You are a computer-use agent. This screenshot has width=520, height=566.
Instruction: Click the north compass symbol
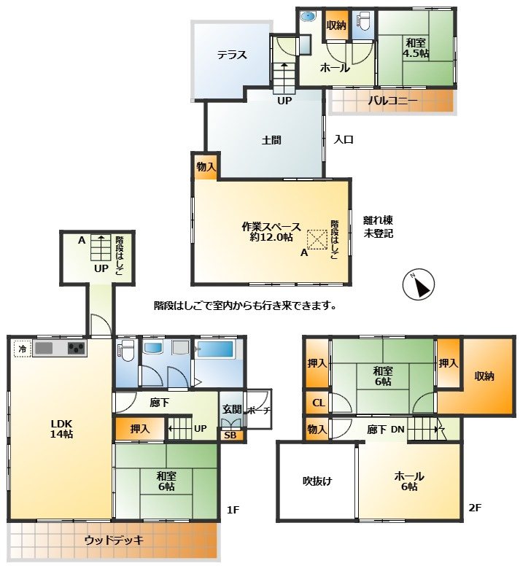[x=418, y=284]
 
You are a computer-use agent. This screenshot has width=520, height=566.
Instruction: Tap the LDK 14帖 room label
[x=61, y=428]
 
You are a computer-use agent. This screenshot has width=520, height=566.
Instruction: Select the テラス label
[x=232, y=55]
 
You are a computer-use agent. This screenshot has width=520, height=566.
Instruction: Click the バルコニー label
[x=392, y=101]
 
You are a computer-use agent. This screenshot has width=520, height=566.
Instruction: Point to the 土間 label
[x=271, y=140]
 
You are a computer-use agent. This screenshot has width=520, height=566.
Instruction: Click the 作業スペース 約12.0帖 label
[x=271, y=232]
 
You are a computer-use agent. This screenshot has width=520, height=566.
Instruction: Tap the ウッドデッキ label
[x=114, y=540]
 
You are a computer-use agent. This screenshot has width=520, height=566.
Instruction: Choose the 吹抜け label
[x=317, y=481]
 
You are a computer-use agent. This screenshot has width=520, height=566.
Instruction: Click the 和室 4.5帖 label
[x=416, y=48]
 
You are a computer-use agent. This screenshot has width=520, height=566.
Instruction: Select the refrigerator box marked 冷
[x=23, y=349]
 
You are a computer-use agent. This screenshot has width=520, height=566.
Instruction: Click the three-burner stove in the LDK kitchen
[x=76, y=349]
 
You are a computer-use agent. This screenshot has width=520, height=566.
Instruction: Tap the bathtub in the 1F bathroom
[x=215, y=349]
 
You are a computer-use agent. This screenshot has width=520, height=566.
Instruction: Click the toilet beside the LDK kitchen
[x=126, y=350]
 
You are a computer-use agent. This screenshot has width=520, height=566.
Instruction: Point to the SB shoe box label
[x=230, y=435]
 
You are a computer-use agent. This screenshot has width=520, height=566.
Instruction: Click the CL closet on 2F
[x=318, y=403]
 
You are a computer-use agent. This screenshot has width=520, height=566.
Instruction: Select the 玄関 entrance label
[x=232, y=409]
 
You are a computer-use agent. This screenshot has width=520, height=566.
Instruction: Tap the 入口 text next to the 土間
[x=344, y=139]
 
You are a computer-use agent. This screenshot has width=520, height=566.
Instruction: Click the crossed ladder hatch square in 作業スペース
[x=317, y=240]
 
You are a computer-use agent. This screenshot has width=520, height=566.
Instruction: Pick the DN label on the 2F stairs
[x=397, y=430]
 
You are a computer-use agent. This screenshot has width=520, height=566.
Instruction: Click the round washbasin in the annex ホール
[x=308, y=16]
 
